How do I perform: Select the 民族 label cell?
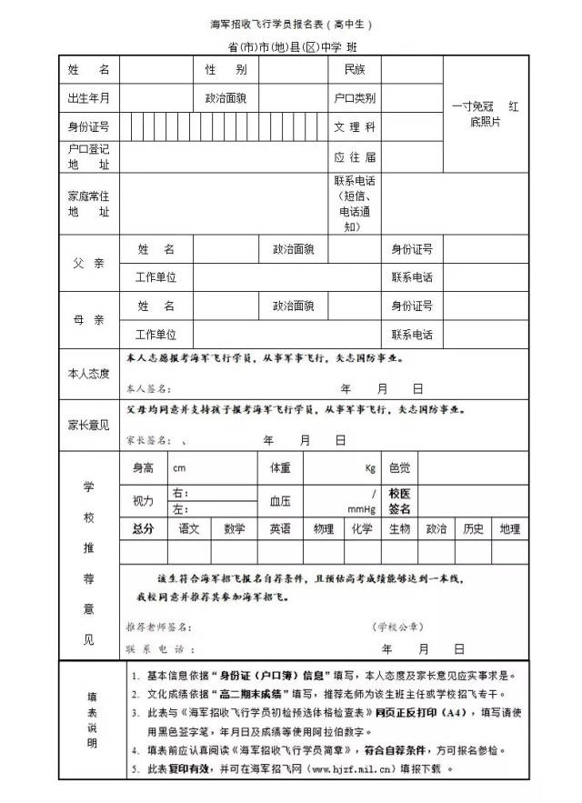point(355,70)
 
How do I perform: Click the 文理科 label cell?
point(355,126)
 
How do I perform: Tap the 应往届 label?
point(355,156)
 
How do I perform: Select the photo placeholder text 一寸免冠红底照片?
point(486,114)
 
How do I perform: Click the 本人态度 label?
point(88,374)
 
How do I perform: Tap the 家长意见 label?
point(88,425)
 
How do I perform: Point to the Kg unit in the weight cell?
point(370,469)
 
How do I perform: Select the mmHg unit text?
point(363,508)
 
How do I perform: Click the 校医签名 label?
point(400,501)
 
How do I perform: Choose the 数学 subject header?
point(235,529)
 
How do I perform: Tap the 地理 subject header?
point(509,529)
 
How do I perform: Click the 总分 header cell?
point(143,529)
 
